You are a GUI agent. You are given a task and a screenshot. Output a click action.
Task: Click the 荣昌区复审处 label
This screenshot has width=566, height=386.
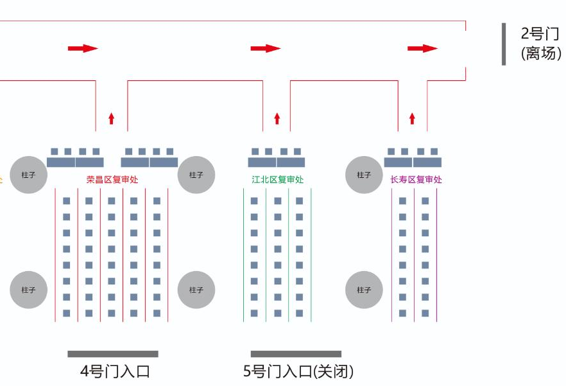(112, 180)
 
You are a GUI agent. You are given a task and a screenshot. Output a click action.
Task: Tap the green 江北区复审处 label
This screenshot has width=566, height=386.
(278, 180)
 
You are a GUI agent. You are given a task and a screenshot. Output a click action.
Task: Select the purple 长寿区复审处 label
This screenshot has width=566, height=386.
(416, 180)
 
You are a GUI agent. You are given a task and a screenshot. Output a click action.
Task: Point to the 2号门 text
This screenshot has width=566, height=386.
(540, 33)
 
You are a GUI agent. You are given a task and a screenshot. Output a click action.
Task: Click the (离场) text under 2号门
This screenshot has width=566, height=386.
(541, 53)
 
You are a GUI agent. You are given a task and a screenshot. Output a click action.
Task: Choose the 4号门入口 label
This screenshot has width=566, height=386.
(115, 371)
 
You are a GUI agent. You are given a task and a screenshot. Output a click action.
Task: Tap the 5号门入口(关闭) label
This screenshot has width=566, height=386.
(298, 371)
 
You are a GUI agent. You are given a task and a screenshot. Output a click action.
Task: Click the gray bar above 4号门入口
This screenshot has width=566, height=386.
(113, 354)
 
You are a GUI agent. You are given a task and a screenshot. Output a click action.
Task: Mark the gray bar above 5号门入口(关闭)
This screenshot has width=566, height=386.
(296, 354)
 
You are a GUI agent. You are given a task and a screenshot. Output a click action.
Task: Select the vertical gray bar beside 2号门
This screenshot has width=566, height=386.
(504, 44)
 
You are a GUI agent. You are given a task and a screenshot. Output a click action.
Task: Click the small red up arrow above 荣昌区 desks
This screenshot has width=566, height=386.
(112, 119)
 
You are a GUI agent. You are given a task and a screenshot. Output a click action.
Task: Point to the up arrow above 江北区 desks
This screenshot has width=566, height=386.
(277, 119)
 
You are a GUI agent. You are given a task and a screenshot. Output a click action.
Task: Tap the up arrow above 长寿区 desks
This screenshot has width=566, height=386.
(412, 119)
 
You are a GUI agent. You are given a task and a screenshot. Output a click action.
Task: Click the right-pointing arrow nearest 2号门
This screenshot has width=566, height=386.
(422, 48)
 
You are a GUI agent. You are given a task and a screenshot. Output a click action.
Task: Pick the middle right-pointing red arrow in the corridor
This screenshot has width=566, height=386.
(265, 48)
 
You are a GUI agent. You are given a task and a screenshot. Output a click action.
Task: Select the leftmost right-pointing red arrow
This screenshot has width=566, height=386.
(83, 48)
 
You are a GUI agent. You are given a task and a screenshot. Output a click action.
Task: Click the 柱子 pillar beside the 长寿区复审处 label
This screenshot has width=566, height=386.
(364, 175)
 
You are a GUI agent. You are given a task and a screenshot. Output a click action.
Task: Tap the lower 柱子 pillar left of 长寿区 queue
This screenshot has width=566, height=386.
(364, 290)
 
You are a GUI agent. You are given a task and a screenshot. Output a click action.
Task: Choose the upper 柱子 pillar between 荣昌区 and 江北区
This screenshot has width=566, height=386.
(196, 175)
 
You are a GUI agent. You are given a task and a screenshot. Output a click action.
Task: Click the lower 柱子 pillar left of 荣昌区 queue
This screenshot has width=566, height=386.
(28, 290)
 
